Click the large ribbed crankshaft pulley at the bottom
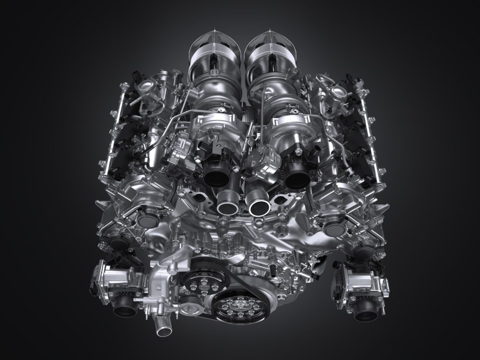tap(235, 307)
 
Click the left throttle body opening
tap(125, 308)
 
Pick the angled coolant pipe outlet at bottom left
tap(164, 331)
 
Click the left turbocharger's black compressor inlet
tap(217, 173)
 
